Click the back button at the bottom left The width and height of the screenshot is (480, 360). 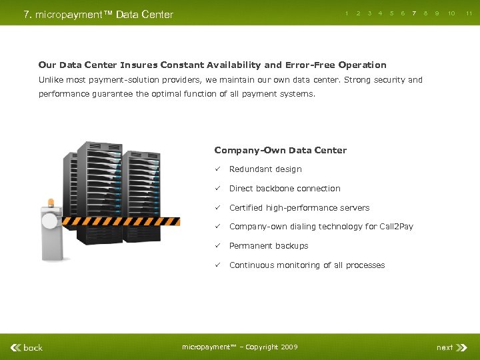pyautogui.click(x=27, y=347)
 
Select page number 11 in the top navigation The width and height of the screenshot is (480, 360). pyautogui.click(x=469, y=13)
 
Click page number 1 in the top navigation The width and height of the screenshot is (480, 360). pyautogui.click(x=347, y=13)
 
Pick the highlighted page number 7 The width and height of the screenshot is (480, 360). pyautogui.click(x=414, y=13)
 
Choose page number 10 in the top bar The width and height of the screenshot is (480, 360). pyautogui.click(x=451, y=13)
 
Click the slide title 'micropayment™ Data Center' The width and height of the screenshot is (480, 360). pyautogui.click(x=98, y=14)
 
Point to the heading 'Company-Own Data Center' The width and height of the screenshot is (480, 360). pyautogui.click(x=280, y=150)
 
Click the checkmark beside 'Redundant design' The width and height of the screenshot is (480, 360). pyautogui.click(x=217, y=169)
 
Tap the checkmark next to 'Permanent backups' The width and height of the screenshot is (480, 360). pyautogui.click(x=217, y=246)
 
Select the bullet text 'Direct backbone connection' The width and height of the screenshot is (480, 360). pyautogui.click(x=285, y=189)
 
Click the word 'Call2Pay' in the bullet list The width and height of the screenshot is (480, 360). pyautogui.click(x=396, y=227)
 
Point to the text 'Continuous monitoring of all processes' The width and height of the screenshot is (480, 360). pyautogui.click(x=307, y=265)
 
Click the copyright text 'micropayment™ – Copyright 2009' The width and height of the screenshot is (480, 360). pyautogui.click(x=239, y=347)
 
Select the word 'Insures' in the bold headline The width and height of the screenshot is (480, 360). pyautogui.click(x=139, y=65)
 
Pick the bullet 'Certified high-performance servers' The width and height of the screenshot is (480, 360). pyautogui.click(x=300, y=208)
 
